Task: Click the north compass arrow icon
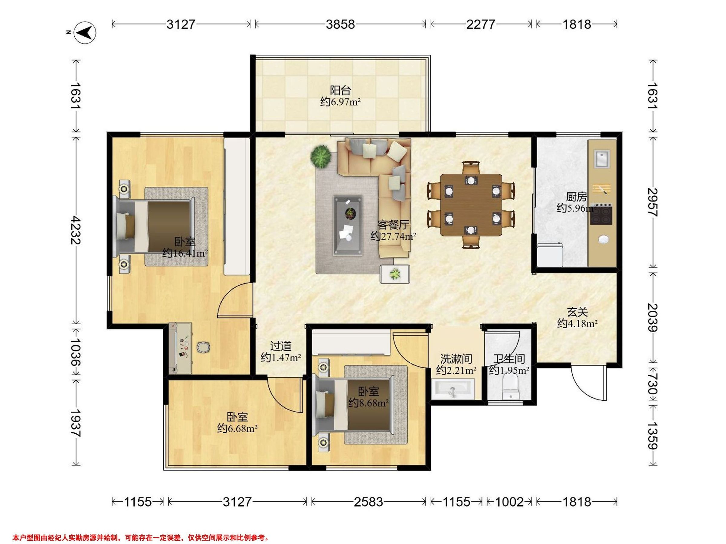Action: [85, 32]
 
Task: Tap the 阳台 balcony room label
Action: [340, 90]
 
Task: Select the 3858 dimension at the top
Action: [340, 24]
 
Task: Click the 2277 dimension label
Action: [480, 24]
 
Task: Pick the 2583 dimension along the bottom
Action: [368, 501]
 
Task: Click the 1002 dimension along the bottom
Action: [509, 501]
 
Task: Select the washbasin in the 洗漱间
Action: [453, 389]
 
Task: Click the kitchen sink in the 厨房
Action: [602, 159]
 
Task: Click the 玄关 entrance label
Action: [577, 312]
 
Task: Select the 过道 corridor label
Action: [281, 346]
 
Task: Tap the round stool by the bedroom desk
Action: [204, 347]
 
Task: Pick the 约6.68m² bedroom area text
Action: [237, 428]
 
